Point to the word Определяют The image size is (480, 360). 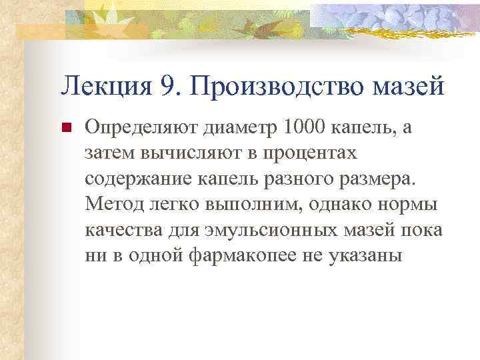pyautogui.click(x=137, y=127)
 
